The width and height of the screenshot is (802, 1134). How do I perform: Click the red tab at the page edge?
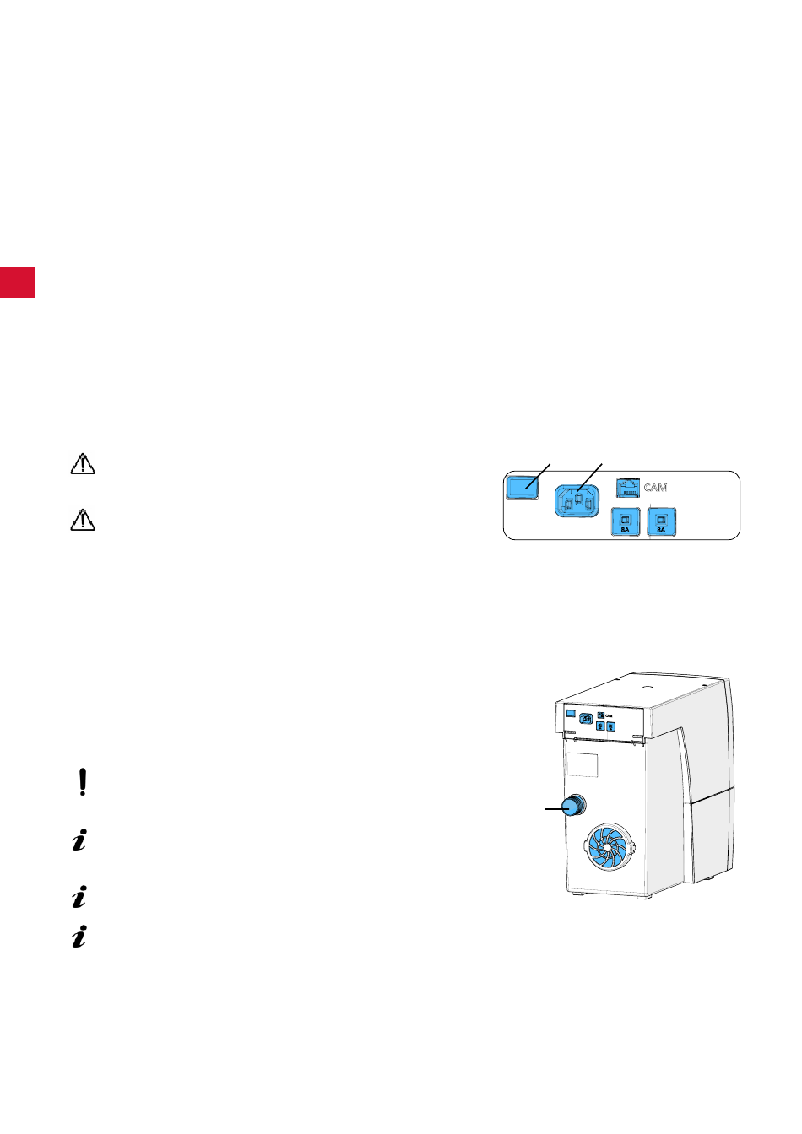tap(17, 283)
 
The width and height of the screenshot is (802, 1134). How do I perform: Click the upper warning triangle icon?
tap(82, 464)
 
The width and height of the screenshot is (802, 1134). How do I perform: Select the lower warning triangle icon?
tap(82, 521)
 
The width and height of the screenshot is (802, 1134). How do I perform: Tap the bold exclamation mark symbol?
tap(82, 783)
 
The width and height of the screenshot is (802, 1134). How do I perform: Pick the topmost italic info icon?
tap(79, 841)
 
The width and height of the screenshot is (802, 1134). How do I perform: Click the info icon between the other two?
tap(79, 897)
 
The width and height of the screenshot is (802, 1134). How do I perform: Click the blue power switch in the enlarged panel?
tap(522, 486)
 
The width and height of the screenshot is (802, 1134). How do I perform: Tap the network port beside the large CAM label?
tap(627, 487)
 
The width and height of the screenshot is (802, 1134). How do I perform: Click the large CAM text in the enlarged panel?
tap(655, 488)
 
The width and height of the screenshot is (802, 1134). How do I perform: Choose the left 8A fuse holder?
tap(625, 523)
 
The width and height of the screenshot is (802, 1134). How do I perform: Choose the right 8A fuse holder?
tap(661, 523)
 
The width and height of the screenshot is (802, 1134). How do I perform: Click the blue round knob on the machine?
tap(575, 806)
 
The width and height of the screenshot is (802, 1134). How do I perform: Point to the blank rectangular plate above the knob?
tap(581, 764)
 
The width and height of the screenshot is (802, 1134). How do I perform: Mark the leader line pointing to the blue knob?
tap(553, 808)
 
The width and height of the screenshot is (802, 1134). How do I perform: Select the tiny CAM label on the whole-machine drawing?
tap(609, 715)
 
